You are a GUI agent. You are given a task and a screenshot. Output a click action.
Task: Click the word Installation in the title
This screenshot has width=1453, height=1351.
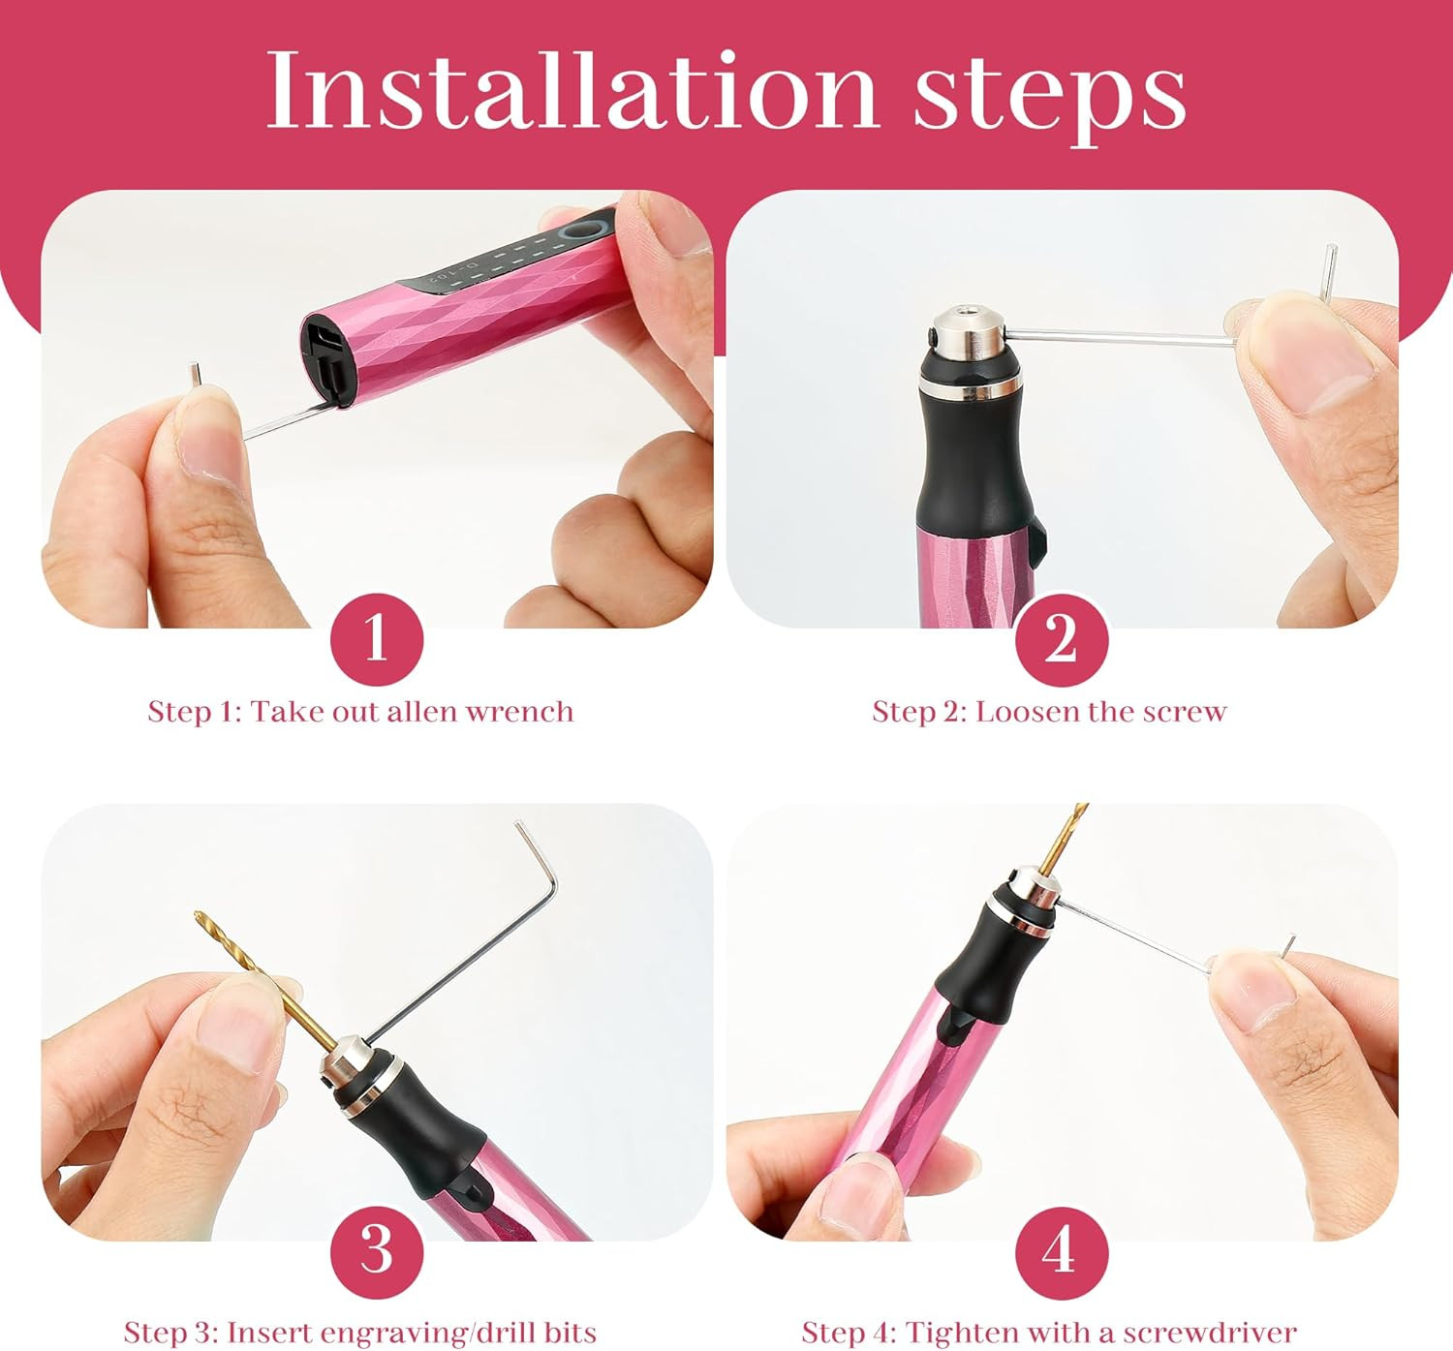tap(572, 91)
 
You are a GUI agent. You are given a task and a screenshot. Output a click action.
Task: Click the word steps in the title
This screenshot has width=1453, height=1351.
tap(1050, 98)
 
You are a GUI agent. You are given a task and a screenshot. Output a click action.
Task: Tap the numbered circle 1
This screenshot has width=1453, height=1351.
tap(377, 639)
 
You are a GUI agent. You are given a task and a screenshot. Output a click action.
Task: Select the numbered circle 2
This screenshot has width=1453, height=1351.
tap(1062, 639)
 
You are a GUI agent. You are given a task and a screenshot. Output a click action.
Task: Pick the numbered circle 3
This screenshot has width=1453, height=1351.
tap(377, 1252)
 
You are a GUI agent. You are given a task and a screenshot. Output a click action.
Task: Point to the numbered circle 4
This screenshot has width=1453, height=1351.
tap(1062, 1252)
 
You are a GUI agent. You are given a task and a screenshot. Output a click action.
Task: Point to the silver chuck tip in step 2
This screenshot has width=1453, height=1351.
tap(969, 334)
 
